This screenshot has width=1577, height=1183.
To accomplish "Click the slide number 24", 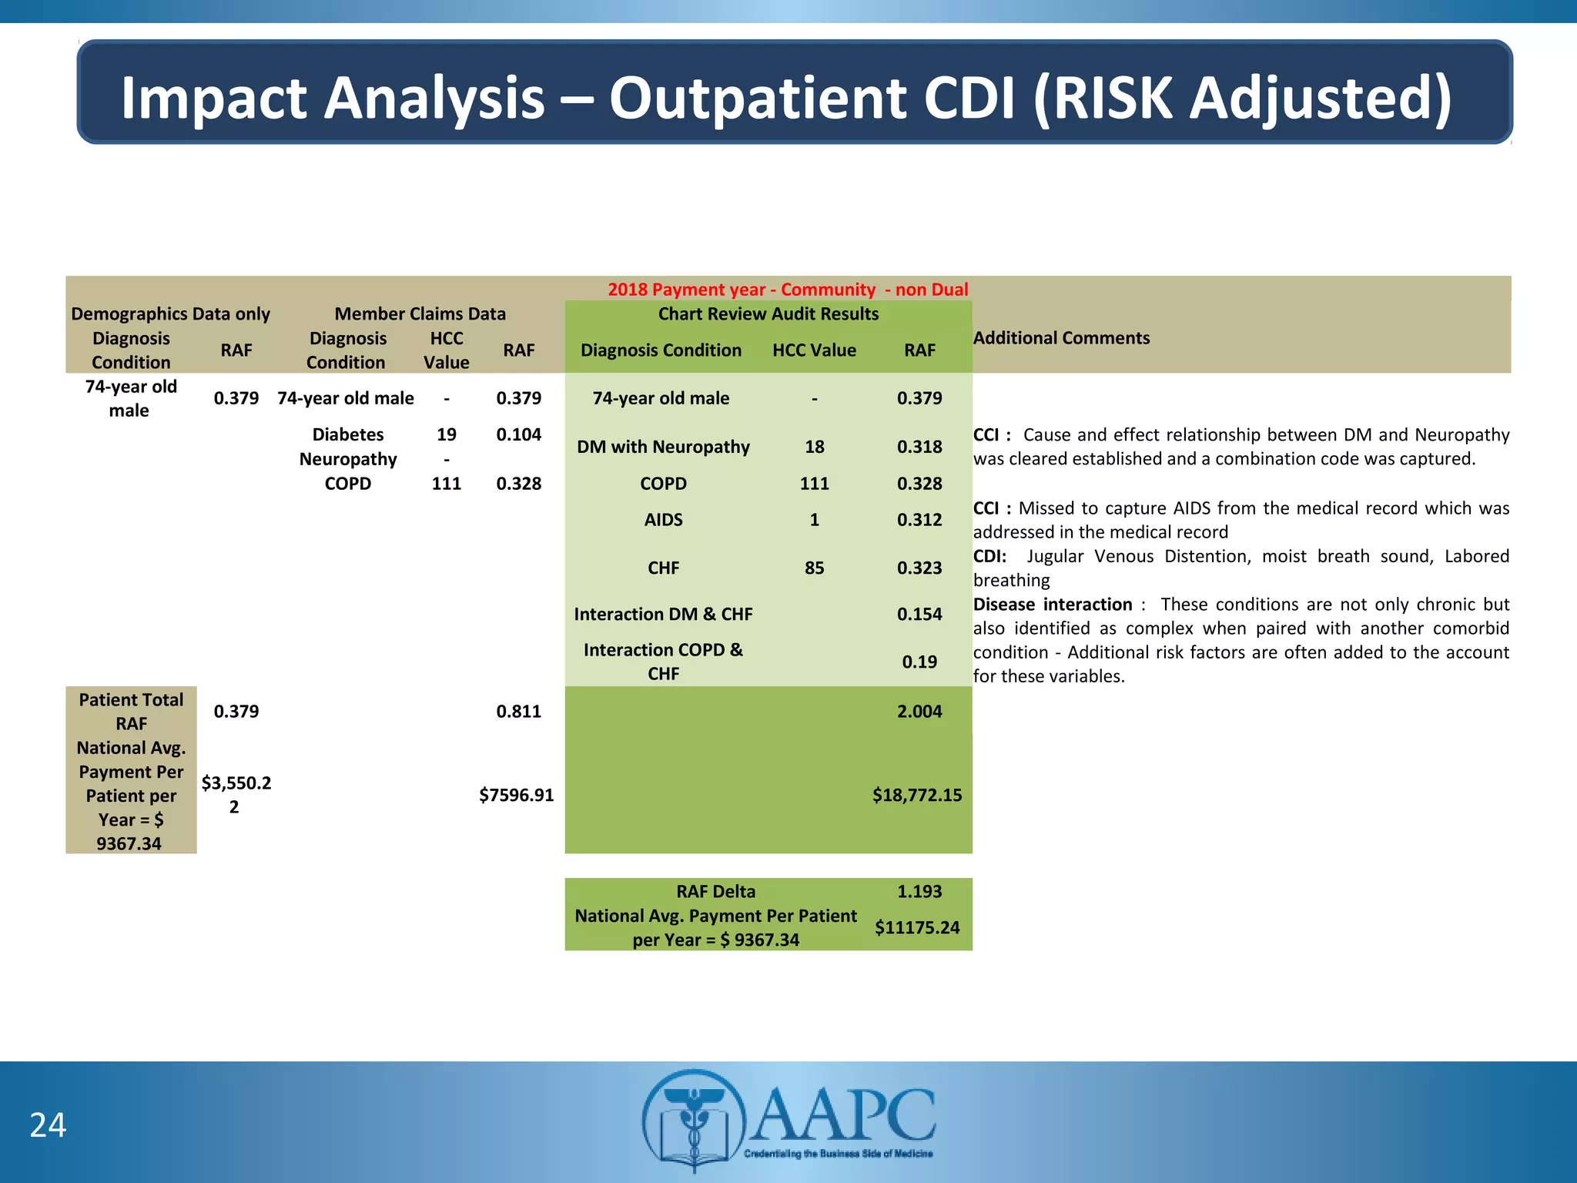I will coord(48,1125).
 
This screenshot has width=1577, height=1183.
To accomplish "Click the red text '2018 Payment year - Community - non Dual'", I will coord(788,290).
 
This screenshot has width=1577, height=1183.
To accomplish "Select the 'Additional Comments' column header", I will coord(1061,338).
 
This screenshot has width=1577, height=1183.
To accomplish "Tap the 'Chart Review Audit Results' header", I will coord(768,314).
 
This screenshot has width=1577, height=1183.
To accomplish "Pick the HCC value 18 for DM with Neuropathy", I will coord(814,447).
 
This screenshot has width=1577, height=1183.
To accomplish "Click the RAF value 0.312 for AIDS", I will coord(919,520).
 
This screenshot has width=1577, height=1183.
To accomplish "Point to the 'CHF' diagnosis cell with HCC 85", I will coord(663,568).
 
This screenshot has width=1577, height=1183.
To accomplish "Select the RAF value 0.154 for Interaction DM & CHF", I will coord(919,615).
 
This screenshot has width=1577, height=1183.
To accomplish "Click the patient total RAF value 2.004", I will coord(919,712).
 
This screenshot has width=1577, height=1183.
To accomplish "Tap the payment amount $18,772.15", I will coord(916,795).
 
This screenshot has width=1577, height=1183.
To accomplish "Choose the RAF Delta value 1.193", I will coord(919,892).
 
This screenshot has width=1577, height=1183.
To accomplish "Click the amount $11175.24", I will coord(916,927).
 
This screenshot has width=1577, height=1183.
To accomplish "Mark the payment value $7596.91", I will coord(516,795).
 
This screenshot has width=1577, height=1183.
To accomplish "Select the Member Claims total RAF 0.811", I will coord(518,712).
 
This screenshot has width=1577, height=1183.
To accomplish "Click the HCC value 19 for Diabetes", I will coord(446,434).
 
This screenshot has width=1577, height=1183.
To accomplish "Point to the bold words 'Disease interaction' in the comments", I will coord(1052,605).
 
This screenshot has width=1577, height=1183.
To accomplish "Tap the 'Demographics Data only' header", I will coord(170,314).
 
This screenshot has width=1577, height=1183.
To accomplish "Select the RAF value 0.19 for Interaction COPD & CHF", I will coord(919,662).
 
